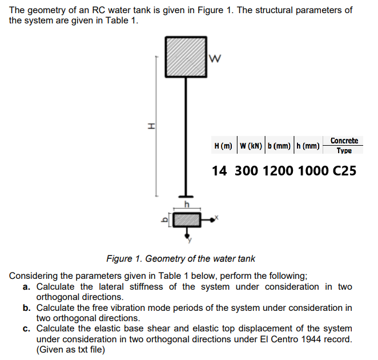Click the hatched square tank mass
click(186, 57)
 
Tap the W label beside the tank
click(215, 57)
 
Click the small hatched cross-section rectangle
click(186, 219)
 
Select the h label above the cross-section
click(186, 204)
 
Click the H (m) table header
click(223, 146)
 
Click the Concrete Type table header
click(344, 145)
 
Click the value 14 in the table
click(219, 170)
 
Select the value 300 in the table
click(244, 170)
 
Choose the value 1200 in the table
click(278, 170)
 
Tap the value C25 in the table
click(344, 170)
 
